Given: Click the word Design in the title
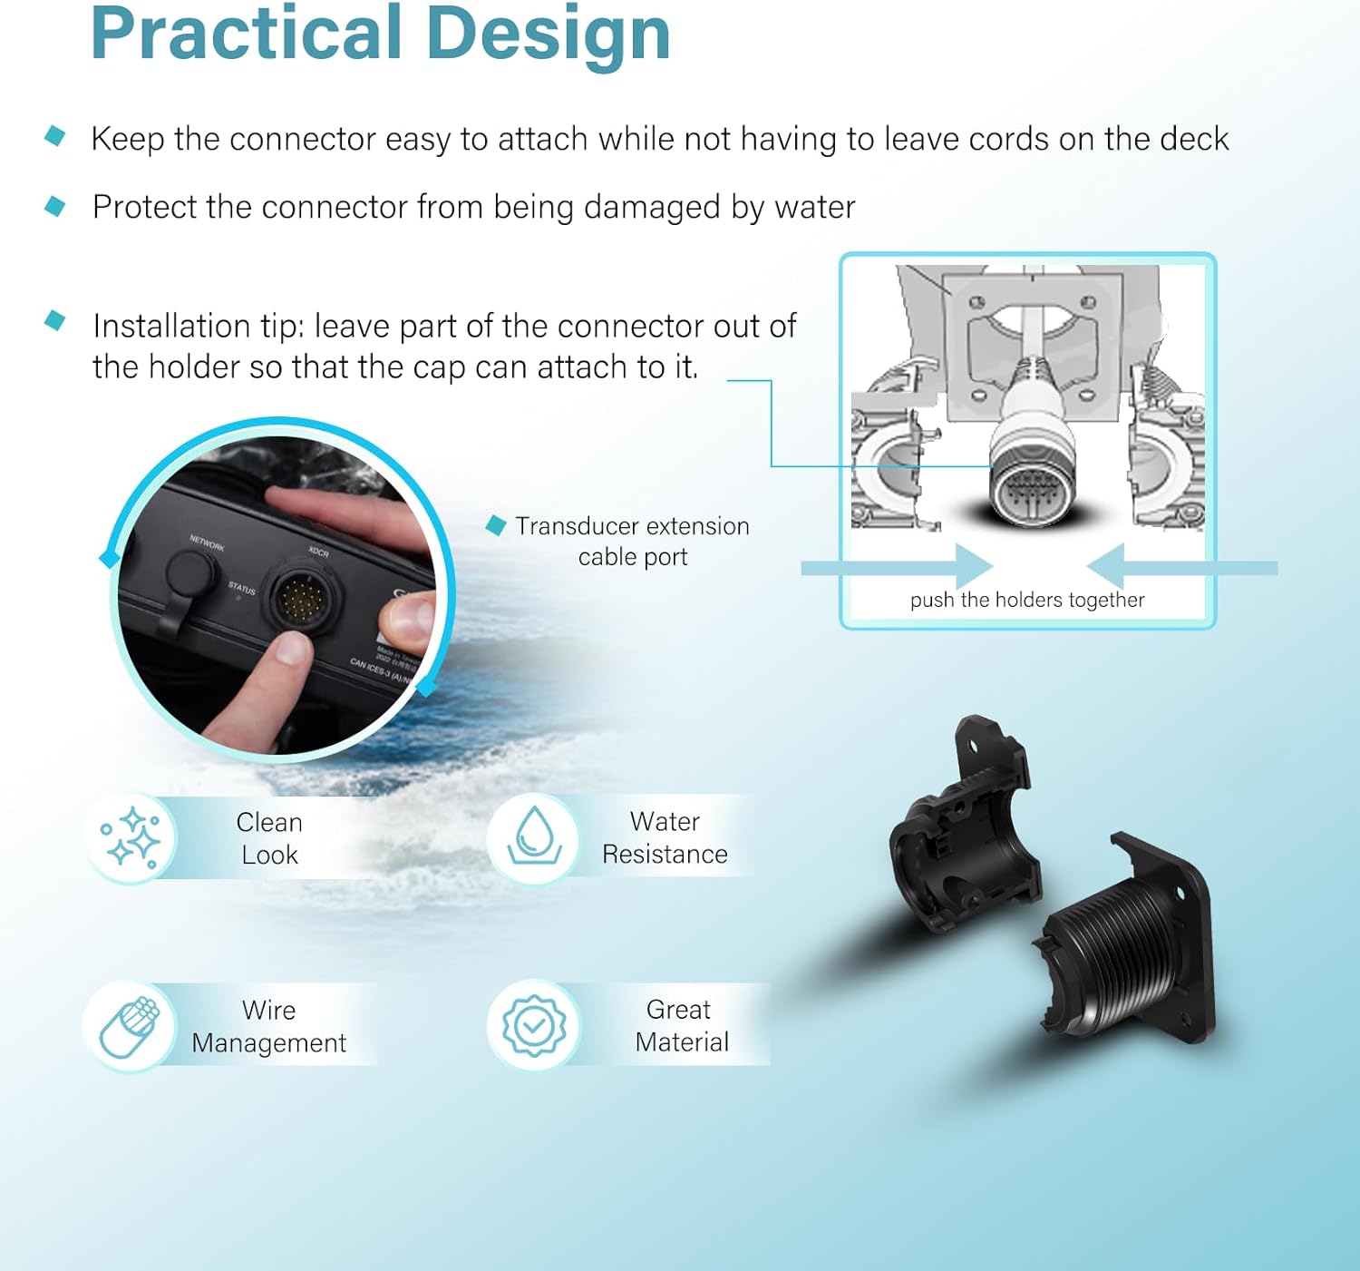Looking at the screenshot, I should click(548, 34).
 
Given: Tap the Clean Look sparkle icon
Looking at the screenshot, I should click(132, 837).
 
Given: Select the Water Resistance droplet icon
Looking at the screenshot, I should click(534, 836).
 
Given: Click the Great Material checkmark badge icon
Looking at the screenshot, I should click(534, 1025).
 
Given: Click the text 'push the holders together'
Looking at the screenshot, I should click(1027, 600).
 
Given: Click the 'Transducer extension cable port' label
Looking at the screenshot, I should click(632, 541).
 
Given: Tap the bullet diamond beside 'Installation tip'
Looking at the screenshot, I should click(55, 320).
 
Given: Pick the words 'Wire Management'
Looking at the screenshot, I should click(268, 1026).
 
